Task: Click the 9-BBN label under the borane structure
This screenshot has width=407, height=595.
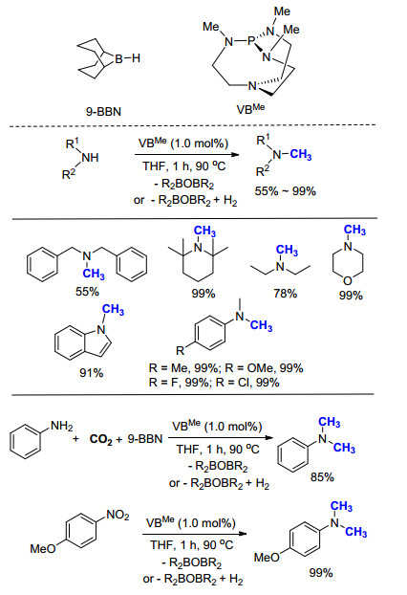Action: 103,112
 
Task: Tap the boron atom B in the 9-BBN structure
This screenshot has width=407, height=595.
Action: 119,58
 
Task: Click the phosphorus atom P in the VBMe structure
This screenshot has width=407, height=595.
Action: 251,41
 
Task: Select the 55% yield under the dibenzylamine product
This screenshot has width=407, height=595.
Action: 87,292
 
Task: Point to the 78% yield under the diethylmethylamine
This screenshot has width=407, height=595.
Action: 286,294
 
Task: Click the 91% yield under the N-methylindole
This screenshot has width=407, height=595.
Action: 92,373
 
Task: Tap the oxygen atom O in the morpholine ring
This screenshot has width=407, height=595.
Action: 348,281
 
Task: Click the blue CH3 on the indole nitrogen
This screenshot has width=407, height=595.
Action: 113,310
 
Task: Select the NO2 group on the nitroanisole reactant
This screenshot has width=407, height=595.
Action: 118,515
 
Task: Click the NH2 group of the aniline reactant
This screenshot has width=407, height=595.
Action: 62,426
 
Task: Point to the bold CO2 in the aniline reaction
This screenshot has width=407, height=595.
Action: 101,439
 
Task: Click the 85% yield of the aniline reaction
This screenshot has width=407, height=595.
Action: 322,477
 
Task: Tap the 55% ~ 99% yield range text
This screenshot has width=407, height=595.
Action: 285,191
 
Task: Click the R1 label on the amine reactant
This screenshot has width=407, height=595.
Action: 73,143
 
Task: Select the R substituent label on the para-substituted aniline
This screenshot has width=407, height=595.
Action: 181,350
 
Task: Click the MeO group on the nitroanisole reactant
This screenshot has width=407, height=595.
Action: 43,548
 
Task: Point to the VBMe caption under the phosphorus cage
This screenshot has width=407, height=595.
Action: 250,109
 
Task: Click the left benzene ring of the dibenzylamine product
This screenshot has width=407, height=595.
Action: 42,264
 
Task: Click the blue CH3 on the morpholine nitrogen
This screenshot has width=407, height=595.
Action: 354,230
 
